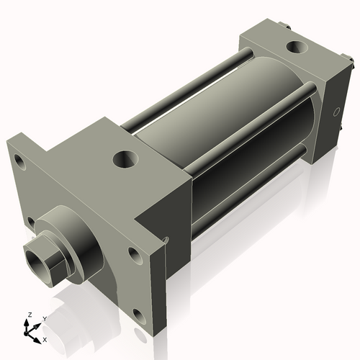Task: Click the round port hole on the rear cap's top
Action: click(x=295, y=48)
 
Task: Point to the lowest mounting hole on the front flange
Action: click(x=137, y=312)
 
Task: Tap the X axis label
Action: click(x=45, y=338)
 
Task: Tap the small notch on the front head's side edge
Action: click(x=166, y=240)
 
